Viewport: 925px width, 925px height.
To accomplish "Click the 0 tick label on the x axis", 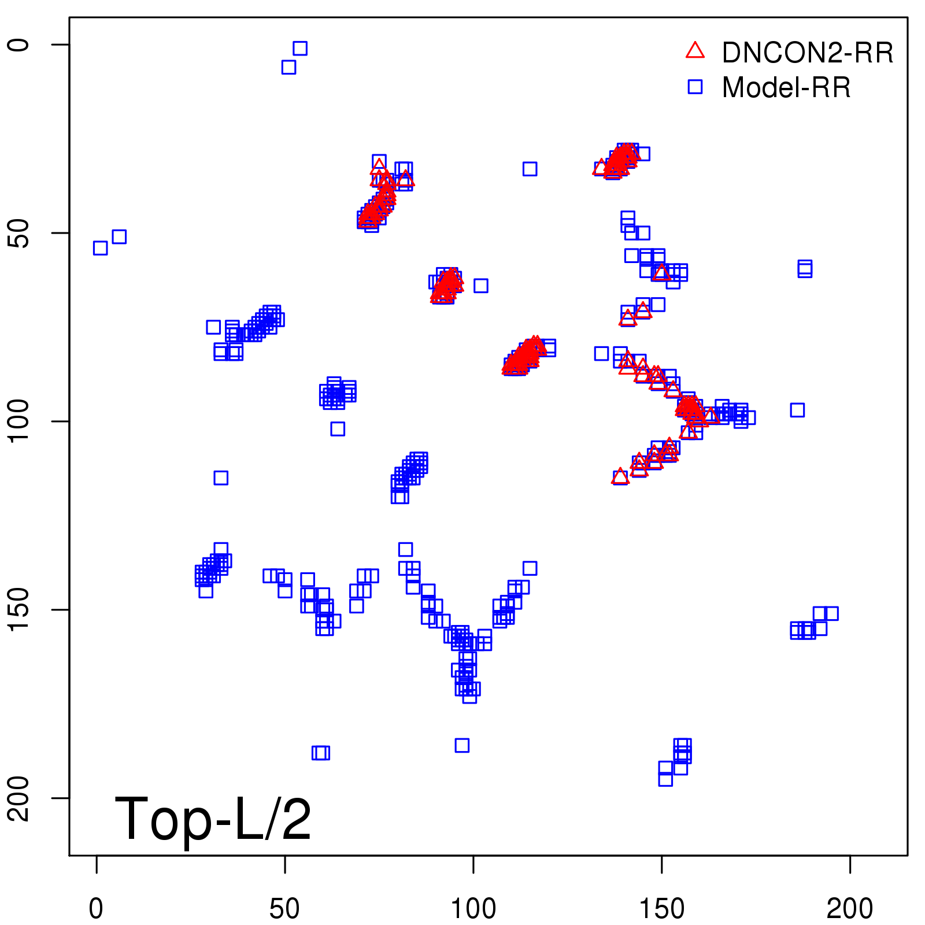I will (96, 909).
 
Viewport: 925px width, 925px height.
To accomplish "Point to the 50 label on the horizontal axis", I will (284, 909).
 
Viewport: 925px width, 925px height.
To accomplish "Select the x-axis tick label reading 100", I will (473, 909).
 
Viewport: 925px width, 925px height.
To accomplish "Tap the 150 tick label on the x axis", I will (661, 909).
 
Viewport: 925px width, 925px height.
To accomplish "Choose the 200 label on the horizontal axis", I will (850, 909).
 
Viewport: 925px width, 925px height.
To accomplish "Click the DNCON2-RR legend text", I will (808, 53).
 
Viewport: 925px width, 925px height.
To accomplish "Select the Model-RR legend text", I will (786, 88).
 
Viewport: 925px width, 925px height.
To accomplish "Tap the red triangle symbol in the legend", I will (695, 51).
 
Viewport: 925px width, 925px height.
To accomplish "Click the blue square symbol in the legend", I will (695, 87).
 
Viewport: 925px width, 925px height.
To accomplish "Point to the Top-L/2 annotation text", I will (213, 819).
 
